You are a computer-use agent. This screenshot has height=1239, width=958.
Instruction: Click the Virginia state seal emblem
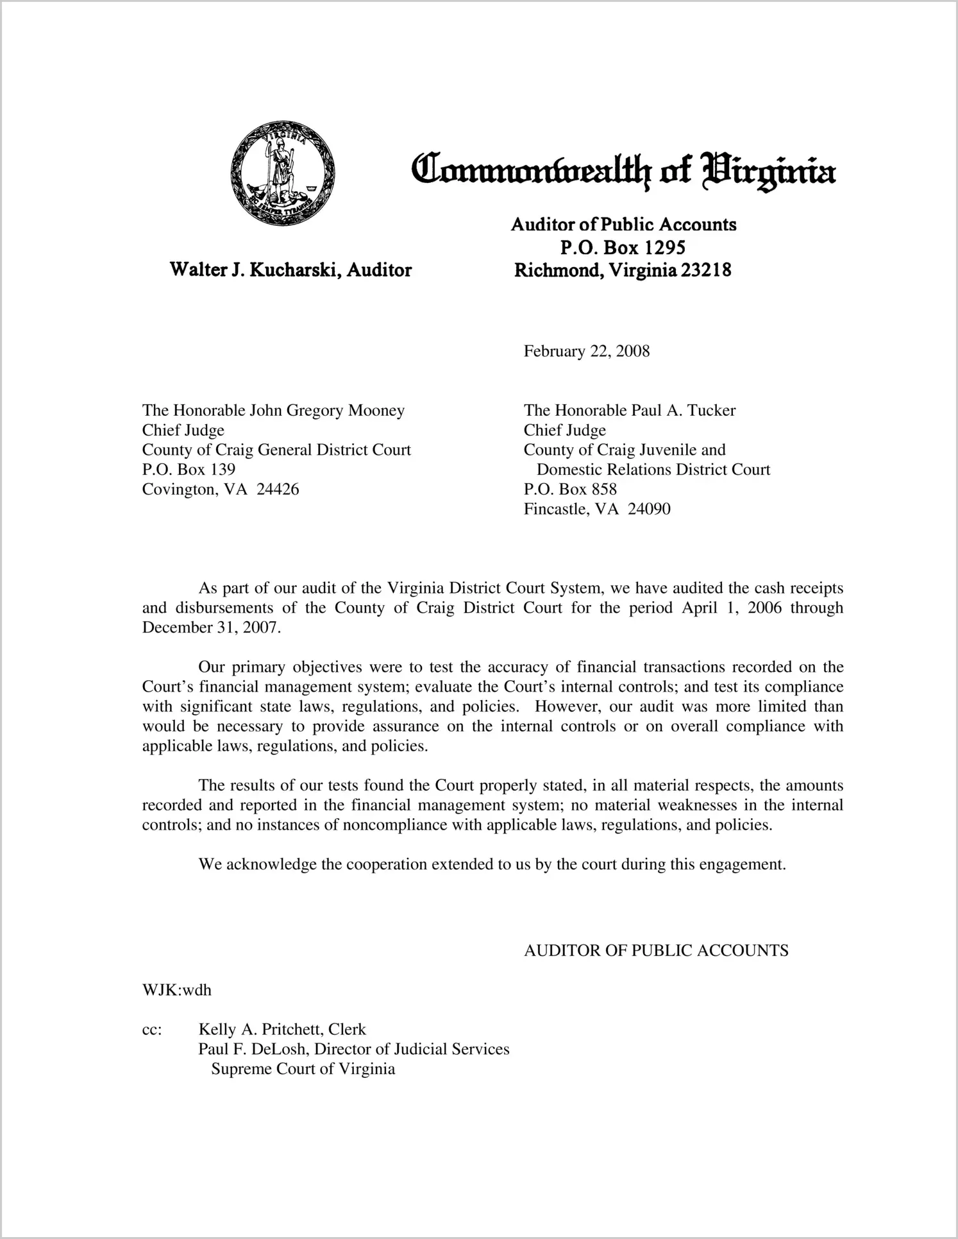pos(283,172)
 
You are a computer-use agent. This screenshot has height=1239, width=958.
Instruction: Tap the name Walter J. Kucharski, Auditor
pos(290,269)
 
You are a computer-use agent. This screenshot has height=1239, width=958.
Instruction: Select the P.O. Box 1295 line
pos(623,247)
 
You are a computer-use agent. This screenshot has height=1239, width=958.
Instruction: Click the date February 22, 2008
pos(586,351)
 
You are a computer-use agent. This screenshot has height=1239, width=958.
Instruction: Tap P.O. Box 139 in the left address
pos(189,469)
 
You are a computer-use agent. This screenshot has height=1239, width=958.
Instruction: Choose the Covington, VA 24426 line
pos(221,489)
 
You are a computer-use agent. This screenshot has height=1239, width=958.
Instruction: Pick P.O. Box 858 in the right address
pos(570,489)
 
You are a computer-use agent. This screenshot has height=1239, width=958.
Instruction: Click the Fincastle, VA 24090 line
pos(597,509)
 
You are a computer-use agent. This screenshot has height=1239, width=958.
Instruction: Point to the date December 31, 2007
pos(211,627)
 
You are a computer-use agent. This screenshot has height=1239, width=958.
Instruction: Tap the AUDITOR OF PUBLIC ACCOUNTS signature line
pos(656,950)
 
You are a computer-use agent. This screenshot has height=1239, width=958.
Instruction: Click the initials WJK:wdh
pos(176,990)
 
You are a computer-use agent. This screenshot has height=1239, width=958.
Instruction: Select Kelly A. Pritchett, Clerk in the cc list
pos(282,1029)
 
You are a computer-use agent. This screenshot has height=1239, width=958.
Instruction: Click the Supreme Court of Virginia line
pos(303,1069)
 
